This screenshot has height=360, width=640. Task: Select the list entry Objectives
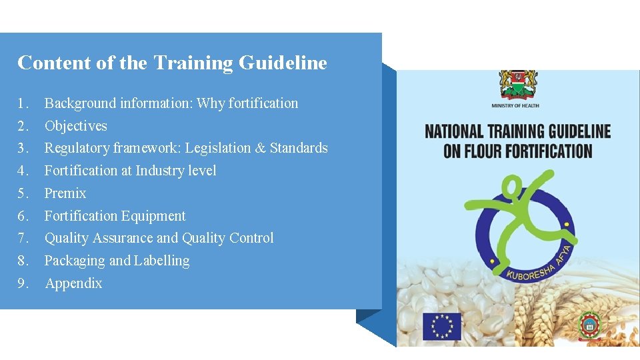[75, 126]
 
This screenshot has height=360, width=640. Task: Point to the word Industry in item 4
[161, 171]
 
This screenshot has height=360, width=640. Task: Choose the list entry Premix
[65, 193]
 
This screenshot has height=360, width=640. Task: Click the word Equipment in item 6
[155, 216]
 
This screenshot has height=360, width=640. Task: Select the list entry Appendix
[73, 283]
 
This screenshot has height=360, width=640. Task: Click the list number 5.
[23, 193]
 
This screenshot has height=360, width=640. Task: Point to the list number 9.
[23, 283]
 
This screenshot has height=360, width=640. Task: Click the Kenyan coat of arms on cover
[515, 85]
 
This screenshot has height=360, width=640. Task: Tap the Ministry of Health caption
[515, 106]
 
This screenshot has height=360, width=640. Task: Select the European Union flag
[441, 325]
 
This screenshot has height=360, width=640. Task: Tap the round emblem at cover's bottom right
[589, 325]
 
